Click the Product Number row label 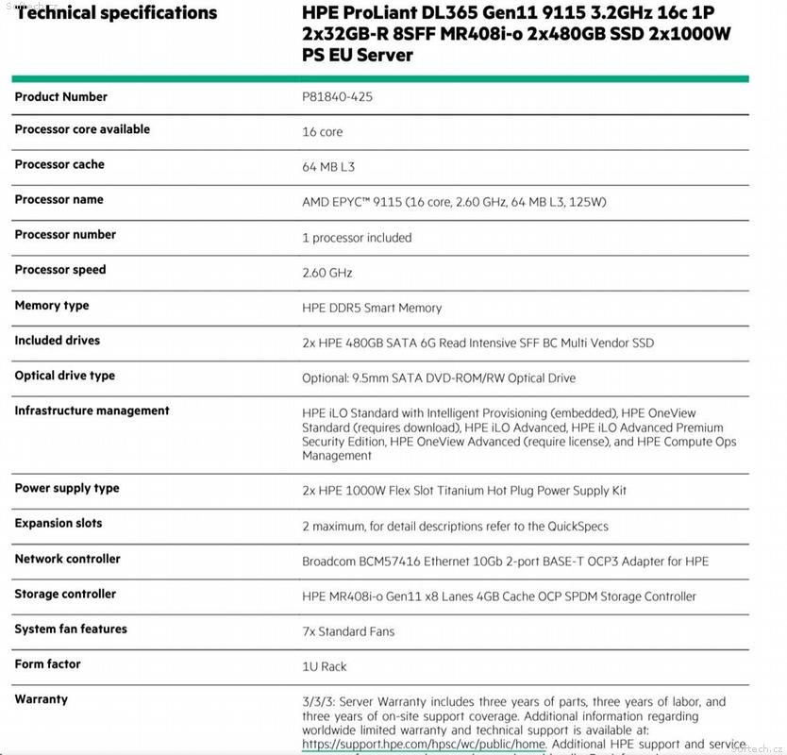60,97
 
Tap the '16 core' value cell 323,132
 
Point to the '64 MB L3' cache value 328,167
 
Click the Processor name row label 59,200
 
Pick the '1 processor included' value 357,238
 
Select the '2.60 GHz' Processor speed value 327,273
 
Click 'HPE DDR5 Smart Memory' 372,308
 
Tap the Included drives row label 57,341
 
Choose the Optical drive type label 64,376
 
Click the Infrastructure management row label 92,411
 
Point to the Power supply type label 67,489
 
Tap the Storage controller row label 65,595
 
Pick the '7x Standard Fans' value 348,631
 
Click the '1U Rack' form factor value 325,666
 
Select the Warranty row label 42,699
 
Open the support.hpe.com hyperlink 424,744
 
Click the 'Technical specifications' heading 116,13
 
